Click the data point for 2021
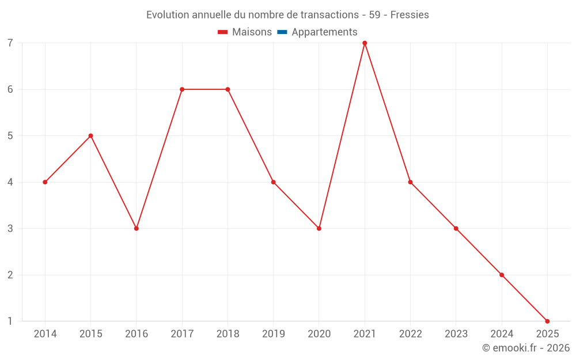(x=365, y=43)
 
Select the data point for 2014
(x=45, y=182)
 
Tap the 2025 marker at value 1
(x=547, y=321)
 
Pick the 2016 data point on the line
(x=137, y=229)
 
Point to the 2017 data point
(x=182, y=89)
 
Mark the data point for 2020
(x=319, y=229)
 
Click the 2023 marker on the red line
(x=456, y=229)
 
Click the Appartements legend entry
(x=324, y=32)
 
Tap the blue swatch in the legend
(x=282, y=32)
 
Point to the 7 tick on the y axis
(x=10, y=43)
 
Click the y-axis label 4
(x=10, y=182)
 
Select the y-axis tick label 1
(x=10, y=321)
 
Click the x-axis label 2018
(x=228, y=334)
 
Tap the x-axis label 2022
(x=410, y=334)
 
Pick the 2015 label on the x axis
(x=90, y=334)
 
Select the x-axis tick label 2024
(x=502, y=334)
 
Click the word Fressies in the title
(x=410, y=15)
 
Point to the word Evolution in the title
(x=168, y=15)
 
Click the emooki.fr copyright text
(x=526, y=348)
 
